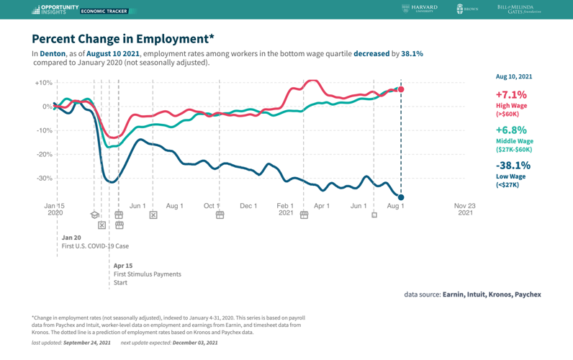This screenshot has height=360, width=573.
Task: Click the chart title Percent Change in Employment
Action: pos(122,39)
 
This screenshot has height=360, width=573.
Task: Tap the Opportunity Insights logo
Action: pos(55,9)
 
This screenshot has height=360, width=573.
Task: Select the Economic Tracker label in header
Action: pos(104,12)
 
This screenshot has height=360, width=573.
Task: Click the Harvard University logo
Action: pos(420,9)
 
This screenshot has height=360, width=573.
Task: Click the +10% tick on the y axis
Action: pos(43,83)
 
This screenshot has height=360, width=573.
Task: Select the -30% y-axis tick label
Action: pos(43,179)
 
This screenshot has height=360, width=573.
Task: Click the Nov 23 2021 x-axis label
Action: pos(465,209)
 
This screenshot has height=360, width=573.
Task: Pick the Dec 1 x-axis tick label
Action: pos(248,206)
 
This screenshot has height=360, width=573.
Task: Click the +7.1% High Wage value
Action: pos(511,94)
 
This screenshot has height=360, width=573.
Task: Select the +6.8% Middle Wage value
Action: pos(511,130)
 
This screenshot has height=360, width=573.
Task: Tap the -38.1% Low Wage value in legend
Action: pos(513,166)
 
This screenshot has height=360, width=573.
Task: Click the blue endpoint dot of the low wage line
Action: pos(401,197)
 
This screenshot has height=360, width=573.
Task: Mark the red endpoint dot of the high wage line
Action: pos(401,89)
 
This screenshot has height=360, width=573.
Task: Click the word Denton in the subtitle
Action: pos(53,54)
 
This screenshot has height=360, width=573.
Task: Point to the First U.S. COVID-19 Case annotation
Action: pos(95,246)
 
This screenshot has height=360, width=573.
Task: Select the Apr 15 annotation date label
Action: pos(123,266)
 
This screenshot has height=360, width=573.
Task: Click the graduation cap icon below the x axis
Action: pos(94,215)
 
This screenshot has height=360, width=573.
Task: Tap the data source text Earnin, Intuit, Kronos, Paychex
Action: pos(491,294)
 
